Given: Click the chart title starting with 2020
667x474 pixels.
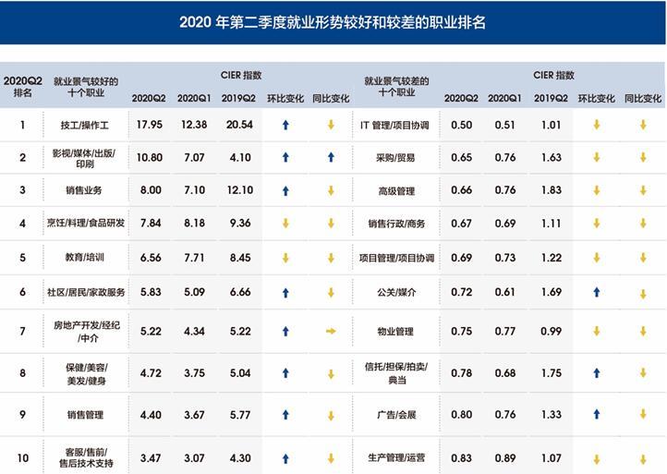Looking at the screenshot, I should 333,22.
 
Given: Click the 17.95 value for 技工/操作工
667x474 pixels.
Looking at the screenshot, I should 149,125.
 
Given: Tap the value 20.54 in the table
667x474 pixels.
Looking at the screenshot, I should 239,125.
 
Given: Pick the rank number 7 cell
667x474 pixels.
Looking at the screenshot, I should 22,330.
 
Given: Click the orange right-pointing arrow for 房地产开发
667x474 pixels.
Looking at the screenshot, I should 331,330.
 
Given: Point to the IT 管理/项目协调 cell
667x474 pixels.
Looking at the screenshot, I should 396,125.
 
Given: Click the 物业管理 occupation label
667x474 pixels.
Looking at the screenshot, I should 396,331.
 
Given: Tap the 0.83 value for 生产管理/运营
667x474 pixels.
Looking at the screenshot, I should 461,458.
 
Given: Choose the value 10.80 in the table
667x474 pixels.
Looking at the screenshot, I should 149,158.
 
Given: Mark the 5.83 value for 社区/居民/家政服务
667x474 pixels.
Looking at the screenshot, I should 149,292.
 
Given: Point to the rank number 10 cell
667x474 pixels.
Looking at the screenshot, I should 22,458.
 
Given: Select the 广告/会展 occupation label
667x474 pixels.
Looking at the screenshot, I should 396,415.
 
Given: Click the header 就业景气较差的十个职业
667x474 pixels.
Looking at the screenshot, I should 396,87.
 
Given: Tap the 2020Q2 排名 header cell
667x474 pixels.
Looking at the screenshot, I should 22,87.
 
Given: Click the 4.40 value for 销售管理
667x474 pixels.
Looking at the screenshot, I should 149,415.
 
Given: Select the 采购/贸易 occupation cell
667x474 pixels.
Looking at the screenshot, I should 396,158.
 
